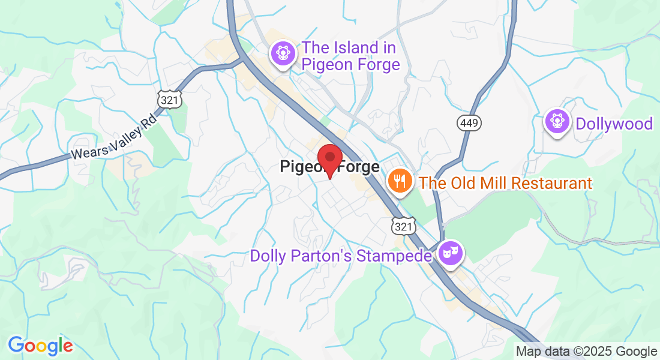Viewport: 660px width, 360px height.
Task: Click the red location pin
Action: coord(329,159)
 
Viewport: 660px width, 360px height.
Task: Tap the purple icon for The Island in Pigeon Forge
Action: coord(283,55)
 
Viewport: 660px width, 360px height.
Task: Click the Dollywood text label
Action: coord(614,124)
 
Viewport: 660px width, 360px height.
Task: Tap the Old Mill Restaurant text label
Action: coord(505,183)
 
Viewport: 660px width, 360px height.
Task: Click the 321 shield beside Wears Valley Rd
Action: coord(170,100)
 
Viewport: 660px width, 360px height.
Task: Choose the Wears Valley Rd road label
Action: coord(114,140)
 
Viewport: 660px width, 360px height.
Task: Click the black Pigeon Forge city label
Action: coord(330,167)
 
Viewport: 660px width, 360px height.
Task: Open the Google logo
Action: coord(40,345)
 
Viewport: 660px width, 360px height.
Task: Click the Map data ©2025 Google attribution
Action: coord(587,352)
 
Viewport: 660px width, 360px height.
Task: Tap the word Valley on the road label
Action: coord(122,137)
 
